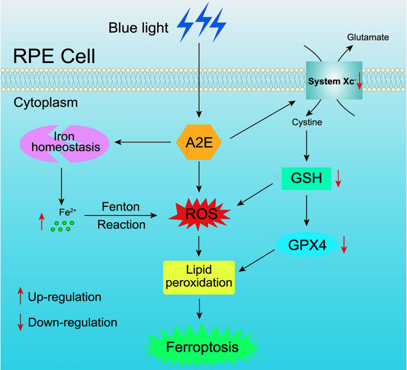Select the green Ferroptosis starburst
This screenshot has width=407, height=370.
pos(202,347)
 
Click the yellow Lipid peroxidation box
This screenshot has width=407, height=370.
pos(199,276)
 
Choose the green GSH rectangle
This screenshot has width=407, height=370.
pos(306,178)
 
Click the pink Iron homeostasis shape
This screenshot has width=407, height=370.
pos(65,142)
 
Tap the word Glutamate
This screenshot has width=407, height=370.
pos(367,37)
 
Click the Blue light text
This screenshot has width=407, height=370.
pos(139,27)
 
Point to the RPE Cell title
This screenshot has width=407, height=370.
pos(55,55)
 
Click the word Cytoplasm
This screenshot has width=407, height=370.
pos(46,102)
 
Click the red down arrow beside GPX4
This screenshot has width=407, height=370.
pos(345,244)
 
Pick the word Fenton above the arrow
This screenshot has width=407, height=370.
pos(121,207)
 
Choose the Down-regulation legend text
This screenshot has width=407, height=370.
pos(72,322)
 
